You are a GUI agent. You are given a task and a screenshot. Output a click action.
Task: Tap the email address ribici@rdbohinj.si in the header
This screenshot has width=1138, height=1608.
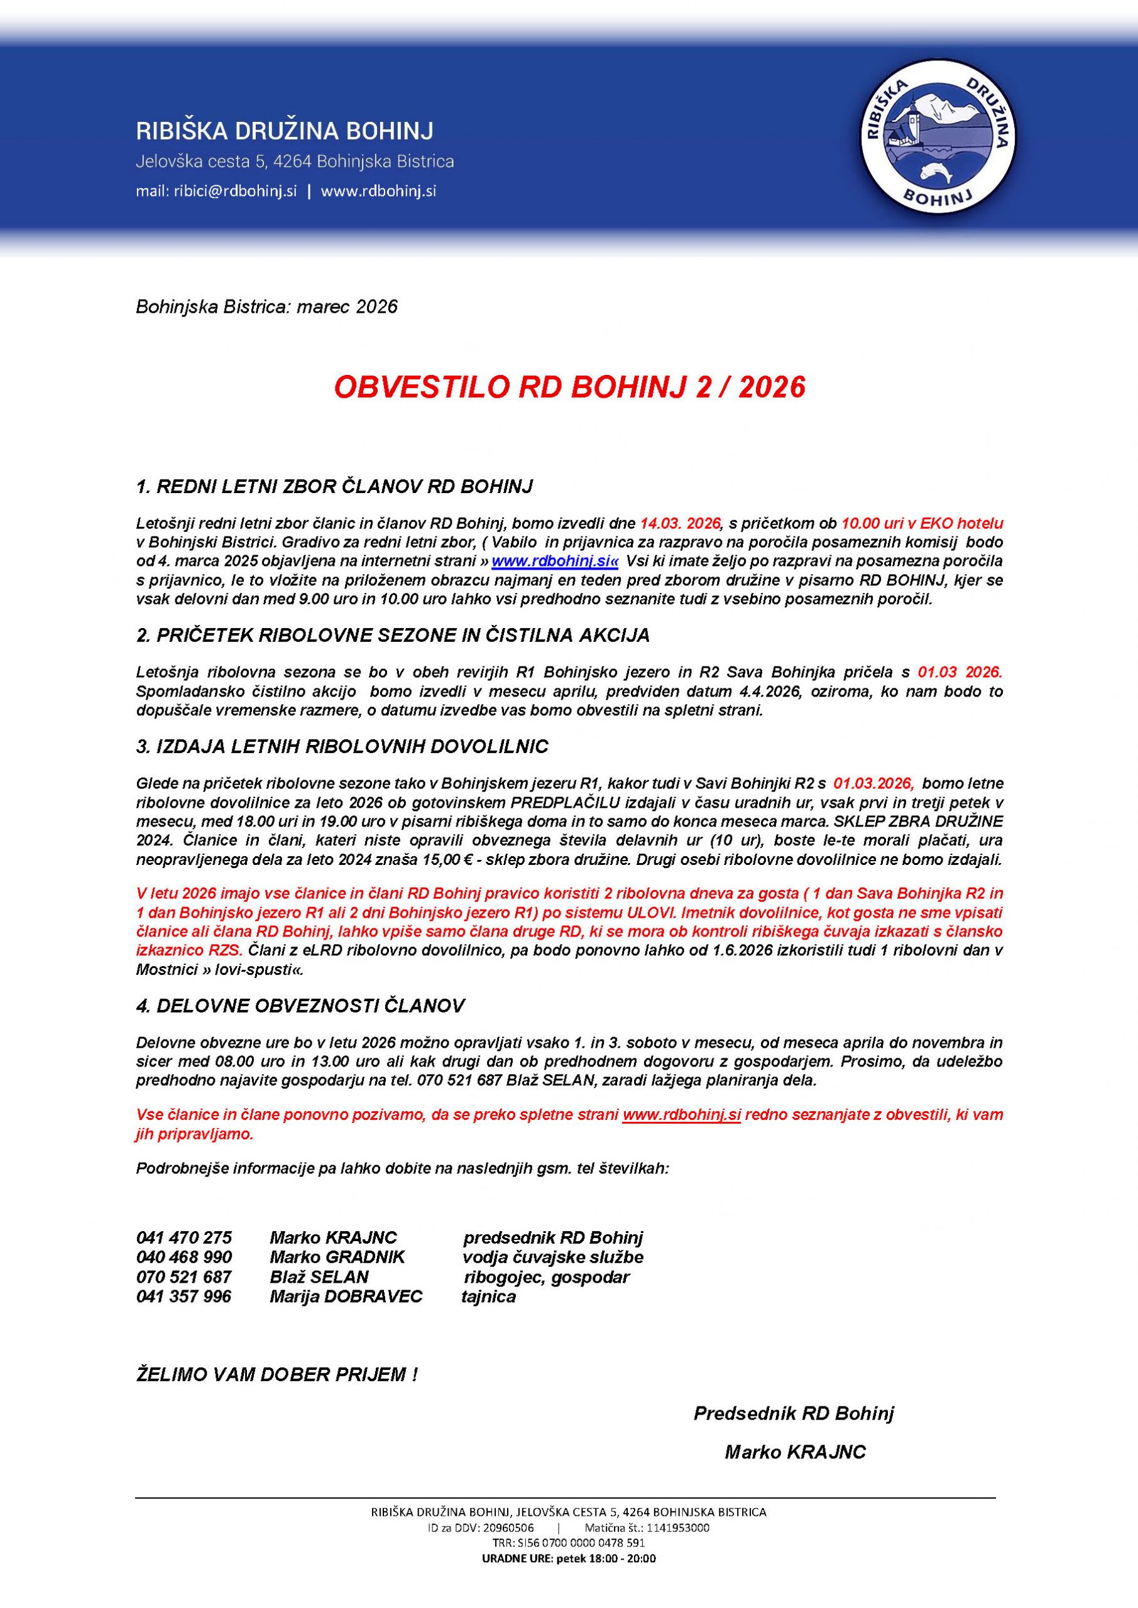click(236, 191)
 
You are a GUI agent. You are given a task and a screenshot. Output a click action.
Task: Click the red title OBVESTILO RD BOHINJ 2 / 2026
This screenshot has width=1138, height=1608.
click(569, 388)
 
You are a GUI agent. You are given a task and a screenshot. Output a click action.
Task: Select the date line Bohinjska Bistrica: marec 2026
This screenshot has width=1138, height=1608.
click(266, 307)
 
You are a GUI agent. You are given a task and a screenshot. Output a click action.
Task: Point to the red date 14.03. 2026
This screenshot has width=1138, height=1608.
click(680, 523)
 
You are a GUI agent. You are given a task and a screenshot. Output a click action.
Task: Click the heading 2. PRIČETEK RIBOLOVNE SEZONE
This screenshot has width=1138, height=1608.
click(392, 635)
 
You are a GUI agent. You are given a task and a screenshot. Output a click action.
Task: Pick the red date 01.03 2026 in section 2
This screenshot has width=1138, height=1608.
click(960, 672)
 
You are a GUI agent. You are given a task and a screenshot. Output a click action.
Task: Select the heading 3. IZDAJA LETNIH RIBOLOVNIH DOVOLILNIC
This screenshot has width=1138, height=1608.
click(342, 747)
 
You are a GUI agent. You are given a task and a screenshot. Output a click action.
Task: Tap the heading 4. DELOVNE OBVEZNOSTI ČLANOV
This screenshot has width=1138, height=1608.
click(300, 1006)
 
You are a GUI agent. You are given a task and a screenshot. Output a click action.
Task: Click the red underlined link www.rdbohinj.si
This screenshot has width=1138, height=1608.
click(681, 1115)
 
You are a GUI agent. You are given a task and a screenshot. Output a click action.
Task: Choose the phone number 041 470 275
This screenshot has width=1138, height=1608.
click(184, 1237)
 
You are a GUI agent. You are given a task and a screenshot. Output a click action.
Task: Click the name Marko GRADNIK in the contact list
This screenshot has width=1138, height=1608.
click(337, 1257)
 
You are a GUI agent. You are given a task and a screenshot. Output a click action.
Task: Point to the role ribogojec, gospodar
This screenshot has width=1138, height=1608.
click(547, 1277)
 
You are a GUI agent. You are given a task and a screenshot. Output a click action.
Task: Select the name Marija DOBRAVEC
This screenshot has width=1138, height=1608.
click(346, 1296)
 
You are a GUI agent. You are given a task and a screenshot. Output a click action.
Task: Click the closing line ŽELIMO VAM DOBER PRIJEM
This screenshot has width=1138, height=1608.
click(276, 1374)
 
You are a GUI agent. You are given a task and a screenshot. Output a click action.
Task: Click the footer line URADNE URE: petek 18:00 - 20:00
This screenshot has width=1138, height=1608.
click(568, 1559)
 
